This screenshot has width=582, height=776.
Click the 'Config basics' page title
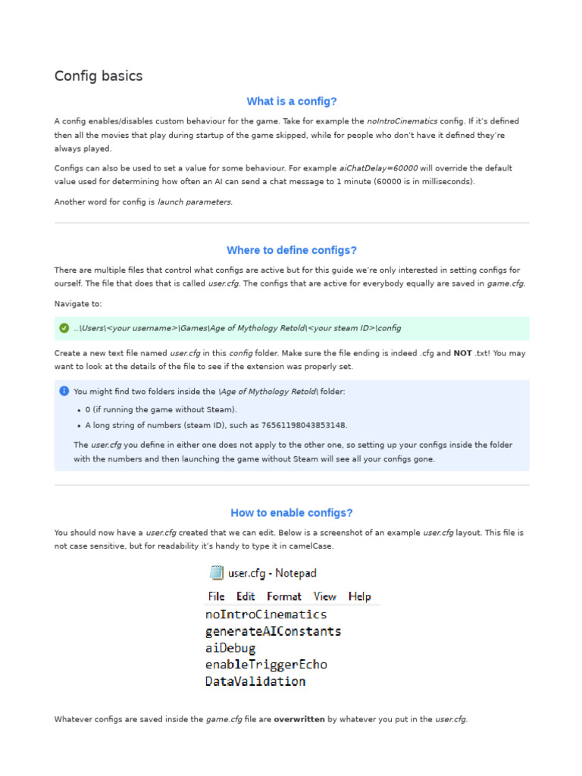click(x=99, y=77)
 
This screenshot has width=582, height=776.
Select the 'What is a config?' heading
click(x=292, y=102)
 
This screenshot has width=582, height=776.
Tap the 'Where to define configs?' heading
click(x=292, y=250)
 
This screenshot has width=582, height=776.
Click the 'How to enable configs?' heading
click(x=292, y=513)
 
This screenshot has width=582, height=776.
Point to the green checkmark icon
click(x=64, y=328)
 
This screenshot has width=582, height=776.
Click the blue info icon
click(x=64, y=391)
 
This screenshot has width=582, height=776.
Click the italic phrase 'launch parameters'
click(x=195, y=202)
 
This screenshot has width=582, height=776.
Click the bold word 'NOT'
click(x=463, y=353)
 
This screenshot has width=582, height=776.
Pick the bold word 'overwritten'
click(x=299, y=719)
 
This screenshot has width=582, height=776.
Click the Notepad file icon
click(x=217, y=573)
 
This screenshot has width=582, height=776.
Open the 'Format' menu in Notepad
click(x=284, y=596)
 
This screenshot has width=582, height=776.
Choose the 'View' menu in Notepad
click(x=325, y=596)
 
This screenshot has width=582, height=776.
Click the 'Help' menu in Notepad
click(x=360, y=596)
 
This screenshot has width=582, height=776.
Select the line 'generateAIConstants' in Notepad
click(x=273, y=631)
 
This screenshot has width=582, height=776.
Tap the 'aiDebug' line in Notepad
click(x=230, y=648)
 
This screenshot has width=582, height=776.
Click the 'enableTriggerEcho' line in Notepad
click(x=266, y=665)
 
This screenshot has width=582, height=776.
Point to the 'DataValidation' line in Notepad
click(x=255, y=681)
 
